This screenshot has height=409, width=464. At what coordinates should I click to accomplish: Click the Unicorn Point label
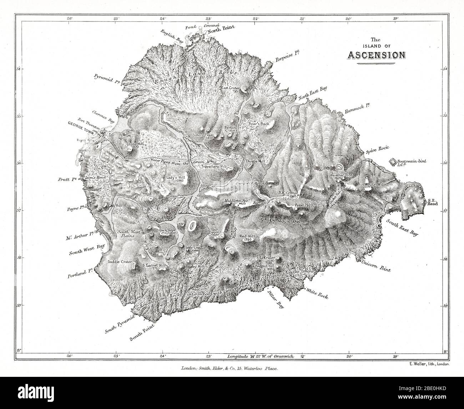click(376, 266)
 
